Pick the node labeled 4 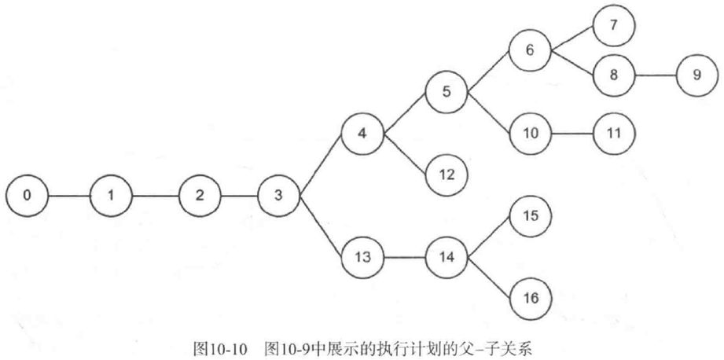pos(362,134)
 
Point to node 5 pos(446,91)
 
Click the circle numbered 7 pos(615,24)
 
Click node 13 pos(362,256)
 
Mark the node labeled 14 pos(446,256)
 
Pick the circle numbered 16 pos(531,298)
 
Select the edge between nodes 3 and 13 pos(319,226)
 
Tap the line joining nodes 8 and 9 pos(656,76)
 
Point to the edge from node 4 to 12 pos(404,153)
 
